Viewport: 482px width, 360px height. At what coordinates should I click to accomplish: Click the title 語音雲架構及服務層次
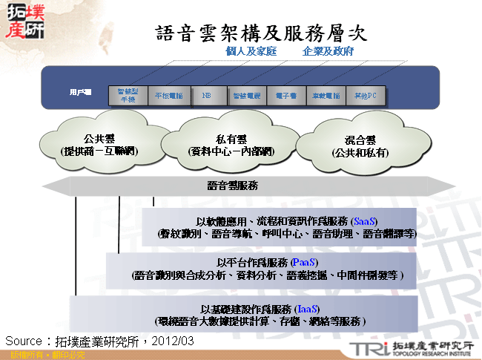click(x=261, y=33)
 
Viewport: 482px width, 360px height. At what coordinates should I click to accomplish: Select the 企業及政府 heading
click(x=328, y=52)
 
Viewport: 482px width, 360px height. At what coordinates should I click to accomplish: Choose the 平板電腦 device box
click(x=169, y=96)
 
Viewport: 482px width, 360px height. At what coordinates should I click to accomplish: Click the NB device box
click(x=205, y=96)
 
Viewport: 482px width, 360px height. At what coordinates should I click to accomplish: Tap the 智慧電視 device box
click(x=245, y=96)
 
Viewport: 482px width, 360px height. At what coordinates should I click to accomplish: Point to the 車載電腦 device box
click(x=326, y=96)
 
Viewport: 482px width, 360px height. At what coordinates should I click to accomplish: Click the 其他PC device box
click(x=366, y=96)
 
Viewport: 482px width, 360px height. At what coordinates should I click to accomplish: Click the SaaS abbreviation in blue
click(x=365, y=221)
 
